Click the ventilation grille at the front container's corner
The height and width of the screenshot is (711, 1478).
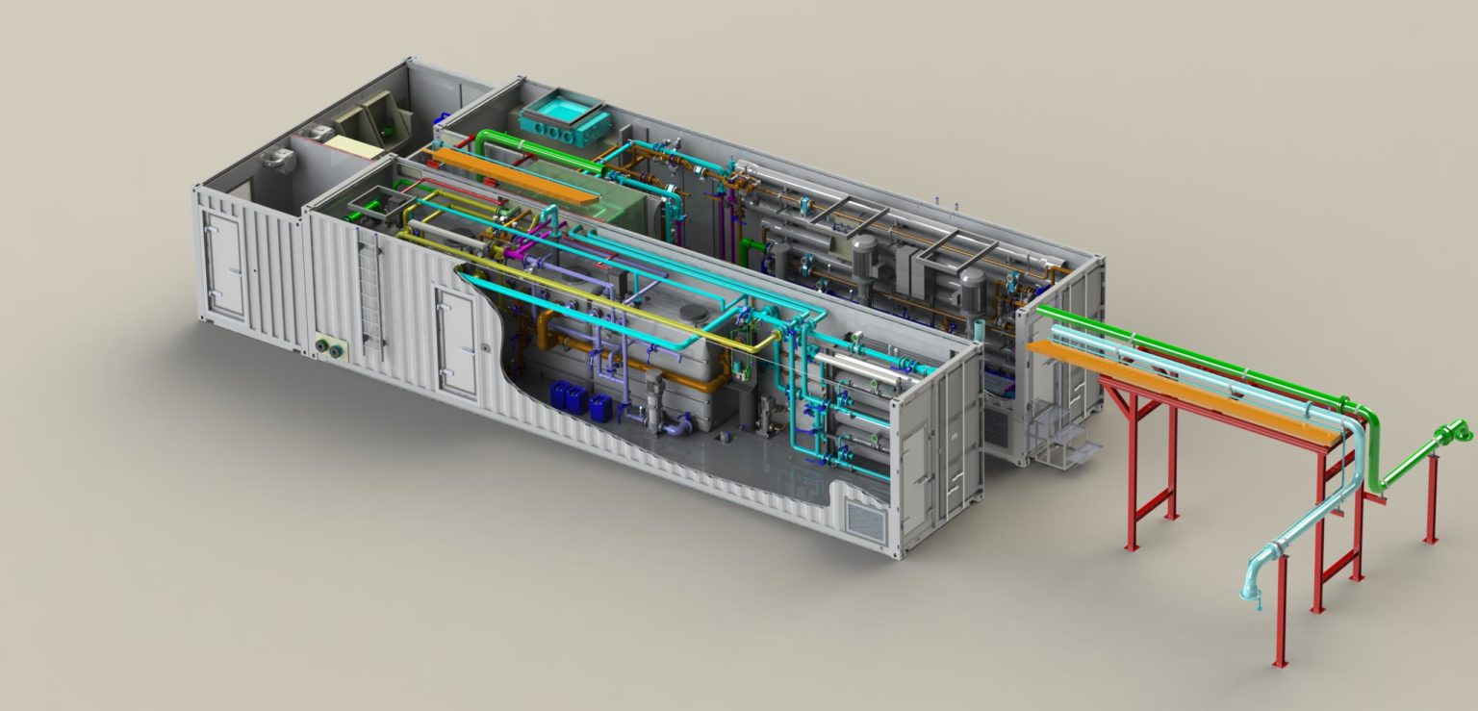[x=862, y=517]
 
